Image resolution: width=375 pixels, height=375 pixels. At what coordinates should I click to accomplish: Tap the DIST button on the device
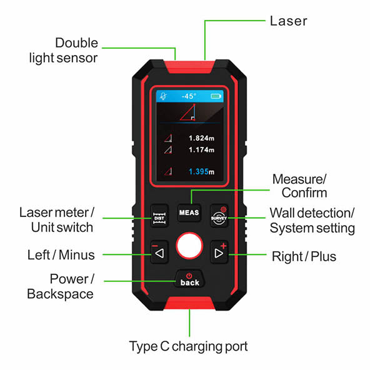(x=161, y=217)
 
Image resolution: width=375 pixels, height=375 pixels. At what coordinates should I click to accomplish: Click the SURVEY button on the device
(x=219, y=217)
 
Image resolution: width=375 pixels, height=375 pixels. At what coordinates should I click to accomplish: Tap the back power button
(x=189, y=279)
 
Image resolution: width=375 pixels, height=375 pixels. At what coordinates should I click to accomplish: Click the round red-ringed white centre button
(x=189, y=247)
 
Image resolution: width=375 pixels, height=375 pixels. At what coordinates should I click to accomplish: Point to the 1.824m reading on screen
(x=202, y=138)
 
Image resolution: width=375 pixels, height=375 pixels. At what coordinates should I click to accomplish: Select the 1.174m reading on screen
(x=202, y=151)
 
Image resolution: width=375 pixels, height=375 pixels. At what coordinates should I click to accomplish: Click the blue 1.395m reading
(x=202, y=172)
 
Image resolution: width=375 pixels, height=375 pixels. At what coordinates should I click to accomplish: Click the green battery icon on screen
(x=216, y=97)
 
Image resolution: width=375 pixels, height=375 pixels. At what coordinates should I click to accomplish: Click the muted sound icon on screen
(x=162, y=97)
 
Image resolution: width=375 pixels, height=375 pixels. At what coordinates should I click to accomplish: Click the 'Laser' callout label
(x=288, y=21)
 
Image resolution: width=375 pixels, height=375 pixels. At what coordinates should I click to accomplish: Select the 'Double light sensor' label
(x=69, y=51)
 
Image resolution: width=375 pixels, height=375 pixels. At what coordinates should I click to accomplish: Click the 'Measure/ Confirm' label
(x=299, y=186)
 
